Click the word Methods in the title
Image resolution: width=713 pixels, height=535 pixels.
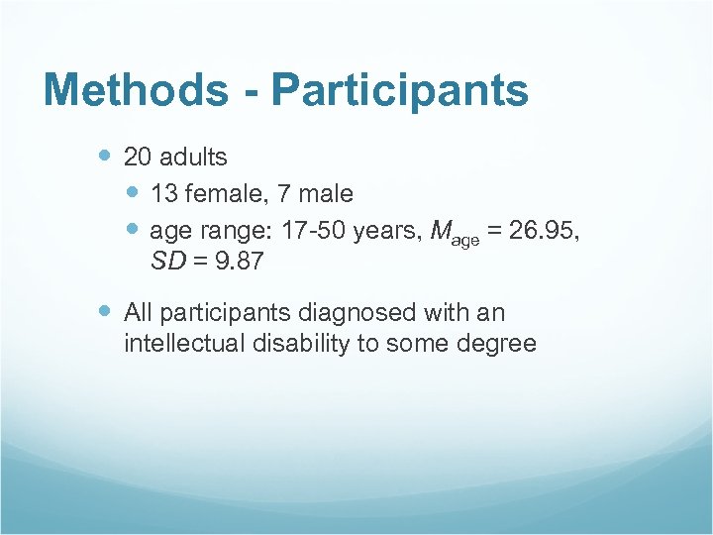coord(135,90)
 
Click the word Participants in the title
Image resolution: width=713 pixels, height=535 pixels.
coord(400,90)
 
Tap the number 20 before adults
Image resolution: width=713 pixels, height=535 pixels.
coord(137,157)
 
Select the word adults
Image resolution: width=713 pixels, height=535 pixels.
coord(192,157)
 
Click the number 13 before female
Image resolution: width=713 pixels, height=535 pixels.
coord(163,193)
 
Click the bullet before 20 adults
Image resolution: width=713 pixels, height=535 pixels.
coord(106,156)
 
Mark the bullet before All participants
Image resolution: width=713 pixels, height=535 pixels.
coord(106,312)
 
